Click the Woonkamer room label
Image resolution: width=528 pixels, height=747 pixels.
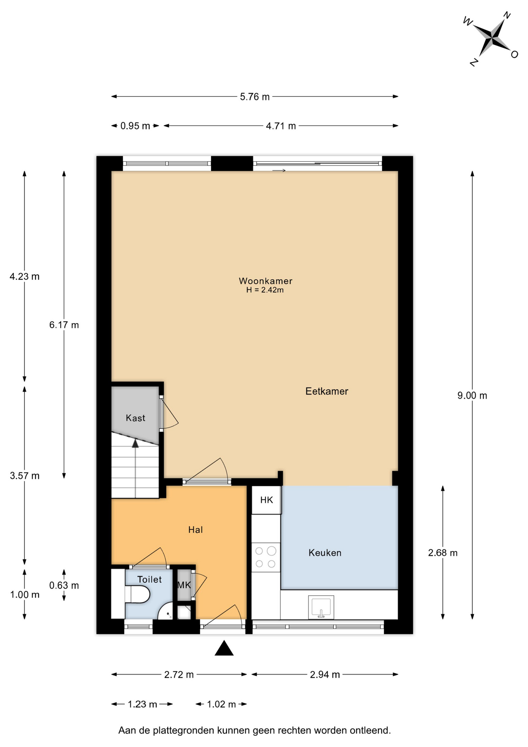click(x=266, y=281)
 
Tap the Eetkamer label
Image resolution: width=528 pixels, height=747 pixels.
click(x=327, y=391)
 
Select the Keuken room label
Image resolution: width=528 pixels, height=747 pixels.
click(x=325, y=553)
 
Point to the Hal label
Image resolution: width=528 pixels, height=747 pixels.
click(x=195, y=530)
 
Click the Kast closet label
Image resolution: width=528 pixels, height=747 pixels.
click(x=135, y=418)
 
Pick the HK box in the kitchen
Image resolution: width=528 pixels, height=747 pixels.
click(x=266, y=500)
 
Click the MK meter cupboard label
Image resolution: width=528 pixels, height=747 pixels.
click(x=184, y=585)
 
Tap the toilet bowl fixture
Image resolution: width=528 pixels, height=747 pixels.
click(x=137, y=595)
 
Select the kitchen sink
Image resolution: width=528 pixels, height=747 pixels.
click(x=321, y=607)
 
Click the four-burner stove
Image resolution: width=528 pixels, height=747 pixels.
click(x=266, y=557)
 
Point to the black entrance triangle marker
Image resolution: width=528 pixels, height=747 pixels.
click(x=224, y=648)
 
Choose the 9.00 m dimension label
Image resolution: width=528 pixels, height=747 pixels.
click(x=472, y=396)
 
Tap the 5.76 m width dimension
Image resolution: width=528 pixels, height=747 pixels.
click(x=255, y=96)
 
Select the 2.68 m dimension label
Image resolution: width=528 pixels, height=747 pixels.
click(x=443, y=553)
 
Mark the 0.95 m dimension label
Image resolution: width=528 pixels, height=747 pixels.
click(x=135, y=126)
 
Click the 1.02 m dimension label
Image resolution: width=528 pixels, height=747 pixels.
click(x=221, y=704)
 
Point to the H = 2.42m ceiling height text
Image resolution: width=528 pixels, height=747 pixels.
click(x=265, y=290)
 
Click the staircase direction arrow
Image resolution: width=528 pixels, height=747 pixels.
click(x=135, y=468)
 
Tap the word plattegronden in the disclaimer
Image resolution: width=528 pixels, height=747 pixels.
click(x=183, y=731)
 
